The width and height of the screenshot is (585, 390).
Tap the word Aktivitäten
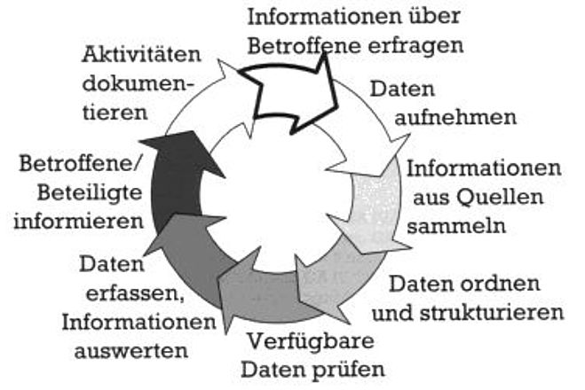(141, 54)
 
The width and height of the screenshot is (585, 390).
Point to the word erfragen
(415, 46)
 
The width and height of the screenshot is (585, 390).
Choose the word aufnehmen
(455, 117)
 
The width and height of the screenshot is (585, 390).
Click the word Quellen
(500, 197)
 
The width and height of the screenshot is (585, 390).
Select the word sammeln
(456, 225)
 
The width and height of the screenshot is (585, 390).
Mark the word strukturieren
(492, 312)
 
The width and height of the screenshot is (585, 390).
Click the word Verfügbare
(312, 341)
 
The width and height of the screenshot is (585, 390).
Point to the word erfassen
(135, 293)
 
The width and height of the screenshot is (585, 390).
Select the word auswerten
(131, 350)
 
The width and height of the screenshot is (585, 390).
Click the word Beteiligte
(90, 193)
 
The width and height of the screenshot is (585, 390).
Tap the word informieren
(79, 222)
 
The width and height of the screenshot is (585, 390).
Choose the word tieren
(115, 112)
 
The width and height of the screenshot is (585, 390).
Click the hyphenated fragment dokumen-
(138, 83)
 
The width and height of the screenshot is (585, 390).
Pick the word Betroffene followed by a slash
(80, 163)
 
